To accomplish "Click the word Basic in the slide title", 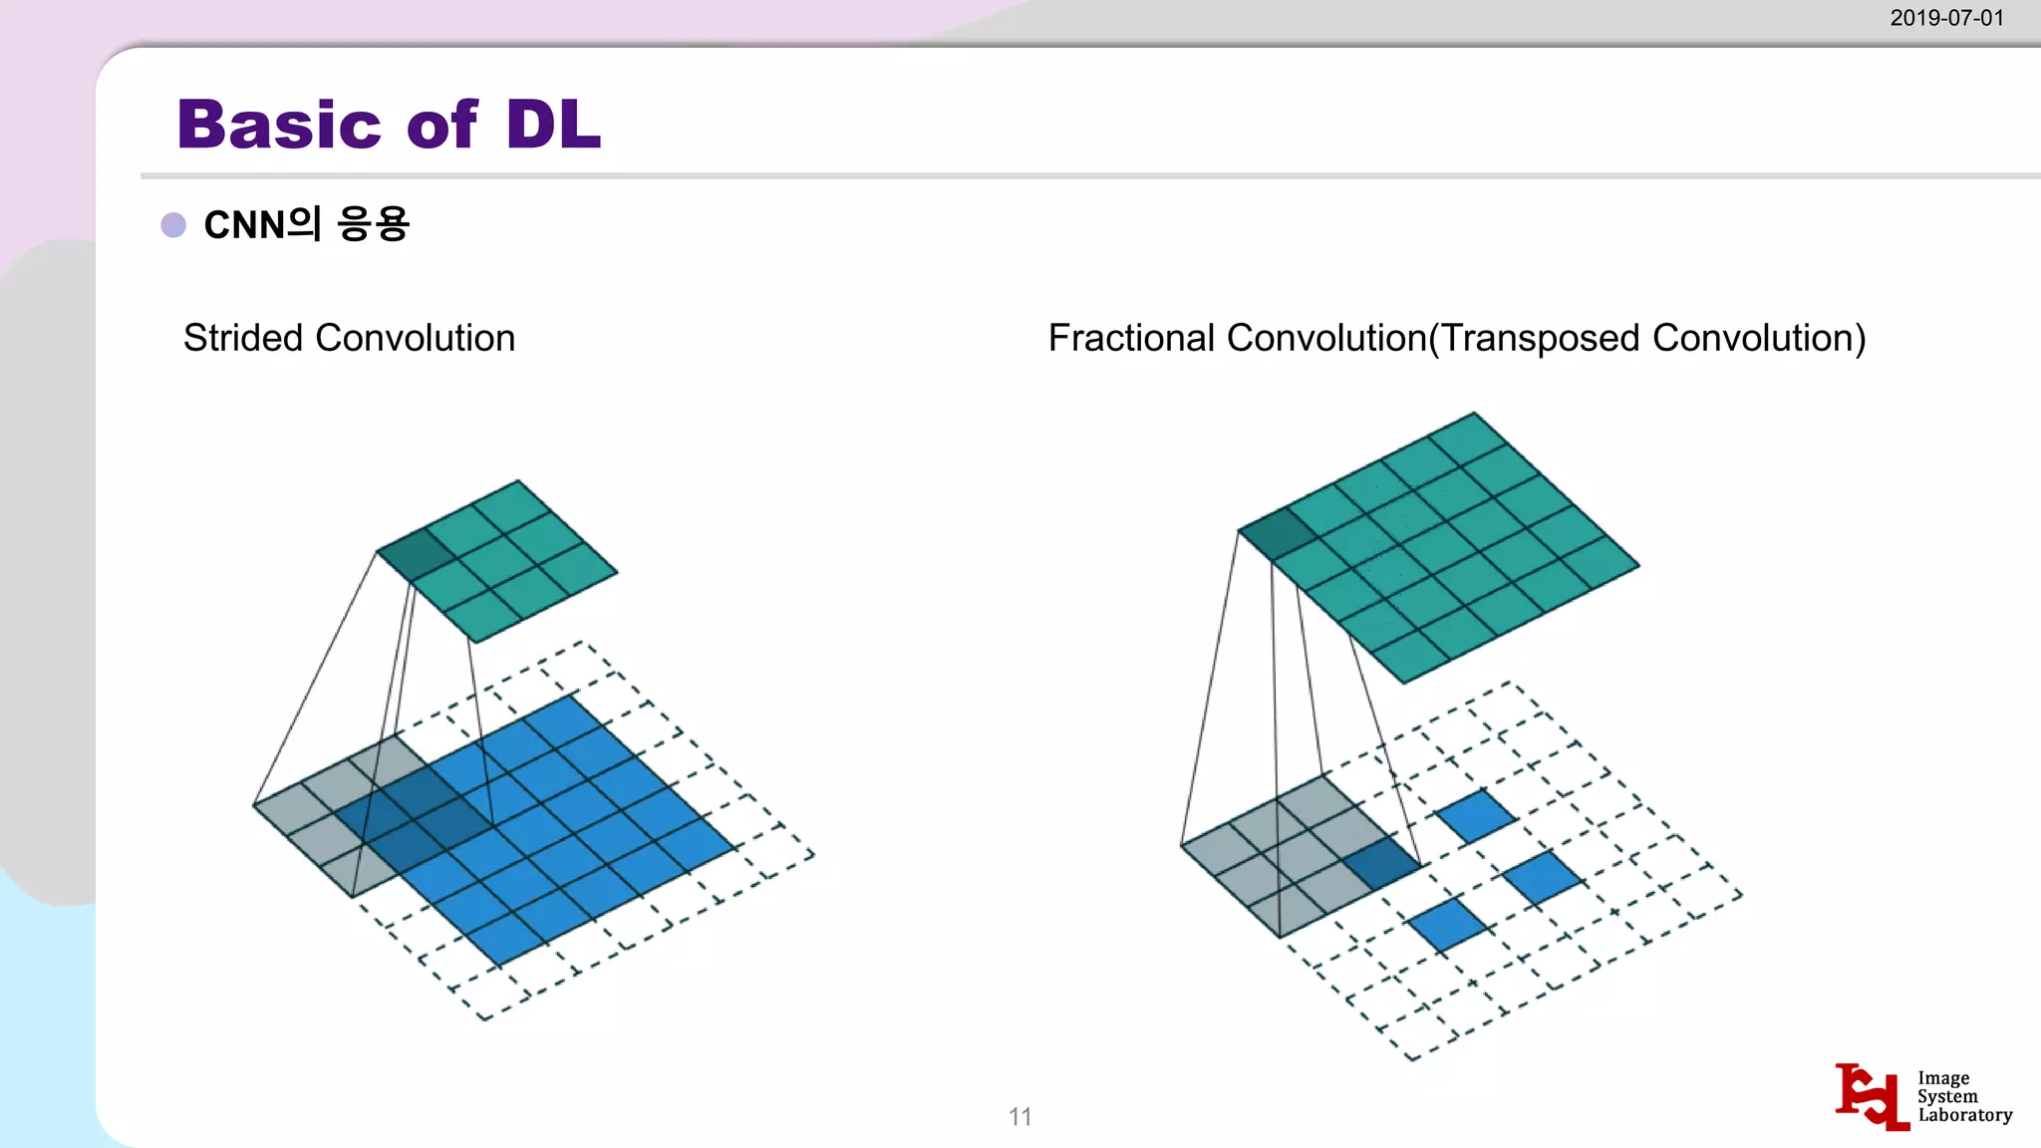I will click(x=279, y=126).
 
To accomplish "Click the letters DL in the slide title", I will click(x=553, y=126).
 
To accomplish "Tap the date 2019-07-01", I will click(x=1946, y=18).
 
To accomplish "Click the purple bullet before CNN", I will click(x=173, y=225).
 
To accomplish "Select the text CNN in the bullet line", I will click(x=244, y=225).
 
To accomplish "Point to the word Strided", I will click(x=244, y=339).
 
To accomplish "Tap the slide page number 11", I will click(x=1020, y=1117).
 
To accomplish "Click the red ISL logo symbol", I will click(x=1872, y=1096).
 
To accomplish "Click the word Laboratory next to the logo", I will click(x=1965, y=1115).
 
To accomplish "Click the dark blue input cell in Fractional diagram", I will click(x=1381, y=863).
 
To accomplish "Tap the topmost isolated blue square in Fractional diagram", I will click(x=1476, y=815).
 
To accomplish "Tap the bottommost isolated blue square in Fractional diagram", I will click(x=1448, y=924).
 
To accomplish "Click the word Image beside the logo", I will click(x=1943, y=1078).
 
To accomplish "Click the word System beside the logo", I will click(x=1947, y=1096).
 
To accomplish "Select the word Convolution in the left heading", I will click(x=416, y=339).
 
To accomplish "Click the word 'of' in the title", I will click(x=442, y=126).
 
